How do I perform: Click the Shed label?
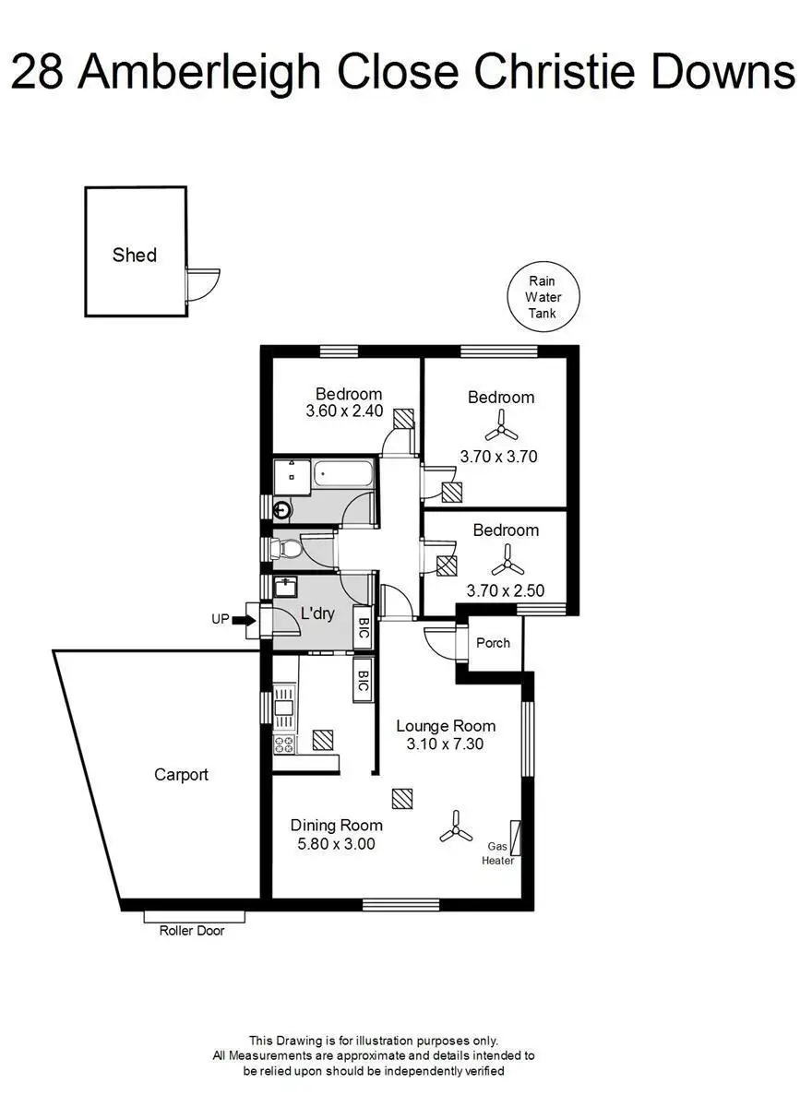(x=135, y=255)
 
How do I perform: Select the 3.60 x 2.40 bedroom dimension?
(x=344, y=411)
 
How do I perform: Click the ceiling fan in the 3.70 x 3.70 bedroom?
(x=501, y=426)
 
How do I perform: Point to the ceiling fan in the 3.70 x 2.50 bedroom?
(x=507, y=561)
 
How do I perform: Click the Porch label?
(x=493, y=643)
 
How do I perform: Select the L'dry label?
(x=317, y=613)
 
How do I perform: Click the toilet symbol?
(x=288, y=548)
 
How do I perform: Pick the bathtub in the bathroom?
(x=341, y=474)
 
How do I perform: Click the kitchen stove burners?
(x=284, y=744)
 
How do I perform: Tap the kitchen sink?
(x=284, y=708)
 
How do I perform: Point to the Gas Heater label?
(x=498, y=853)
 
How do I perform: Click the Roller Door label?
(x=192, y=931)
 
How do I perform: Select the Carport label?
(x=181, y=775)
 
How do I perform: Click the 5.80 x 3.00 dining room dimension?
(x=336, y=844)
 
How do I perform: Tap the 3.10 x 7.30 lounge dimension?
(x=445, y=744)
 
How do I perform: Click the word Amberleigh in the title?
(x=199, y=73)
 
